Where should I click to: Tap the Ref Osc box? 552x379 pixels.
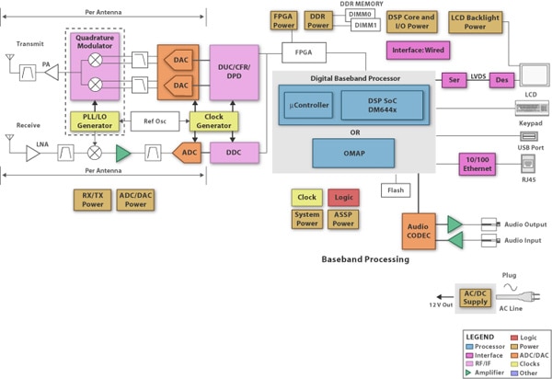[148, 120]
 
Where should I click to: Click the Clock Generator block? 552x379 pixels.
[213, 120]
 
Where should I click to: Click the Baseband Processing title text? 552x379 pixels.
[364, 259]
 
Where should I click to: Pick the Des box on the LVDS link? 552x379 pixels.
[502, 79]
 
